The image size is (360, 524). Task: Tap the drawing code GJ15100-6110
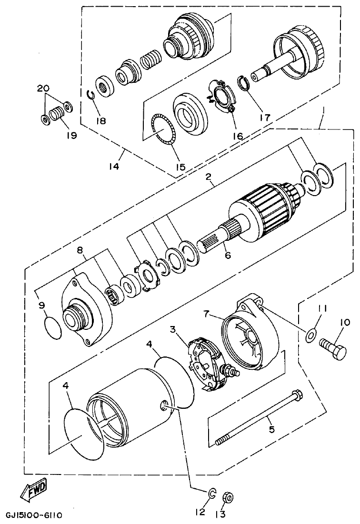click(x=34, y=515)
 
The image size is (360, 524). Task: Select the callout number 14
click(x=113, y=167)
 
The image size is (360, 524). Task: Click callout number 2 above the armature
click(x=208, y=177)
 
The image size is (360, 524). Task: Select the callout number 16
click(x=238, y=136)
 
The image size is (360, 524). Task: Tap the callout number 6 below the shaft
click(x=228, y=256)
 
